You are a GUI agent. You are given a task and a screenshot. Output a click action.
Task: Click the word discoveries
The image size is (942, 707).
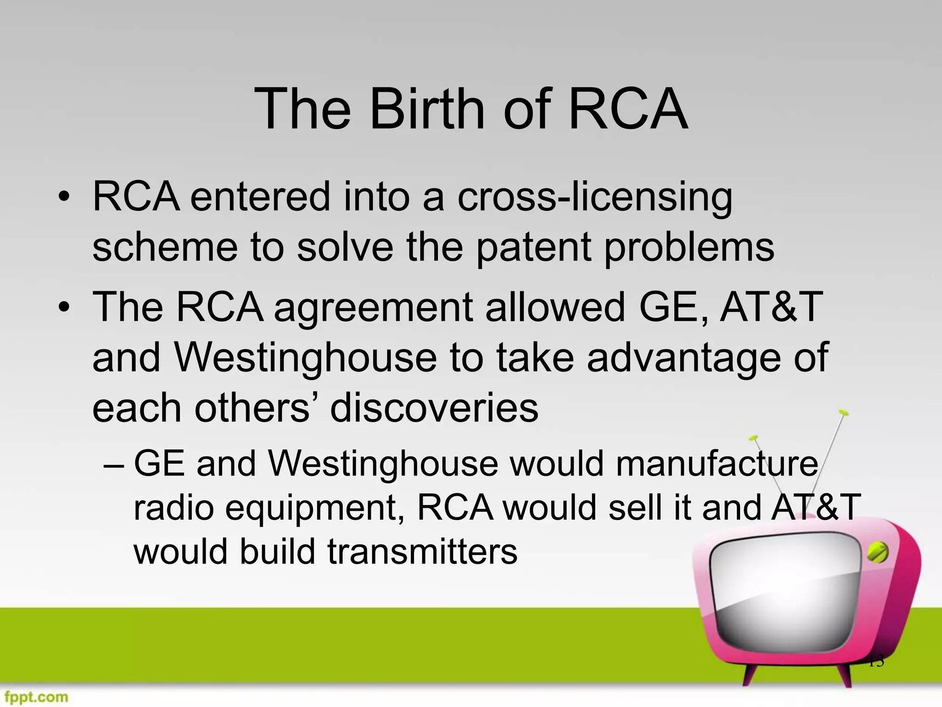[x=434, y=408]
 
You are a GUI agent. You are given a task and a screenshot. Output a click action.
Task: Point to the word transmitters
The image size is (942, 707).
[x=422, y=551]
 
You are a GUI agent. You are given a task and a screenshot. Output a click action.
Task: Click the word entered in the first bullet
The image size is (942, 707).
[x=260, y=197]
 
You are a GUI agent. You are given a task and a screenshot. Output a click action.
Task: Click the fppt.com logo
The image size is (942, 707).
[x=34, y=696]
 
